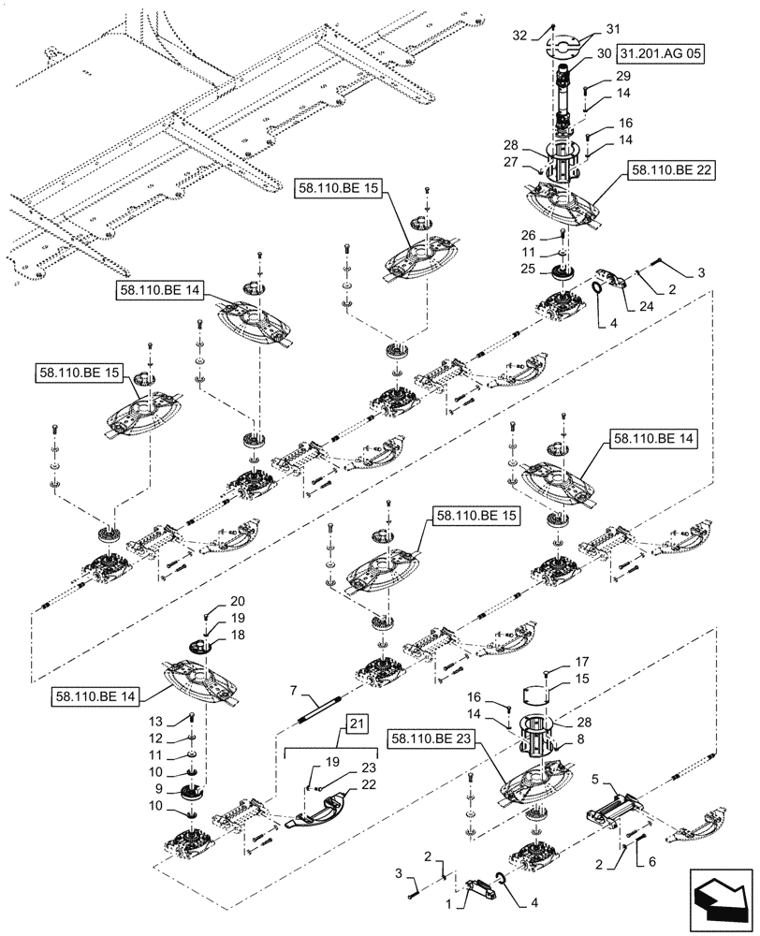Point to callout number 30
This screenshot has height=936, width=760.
604,53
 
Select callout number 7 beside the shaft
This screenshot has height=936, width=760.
293,690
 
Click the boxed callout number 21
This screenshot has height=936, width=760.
358,723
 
